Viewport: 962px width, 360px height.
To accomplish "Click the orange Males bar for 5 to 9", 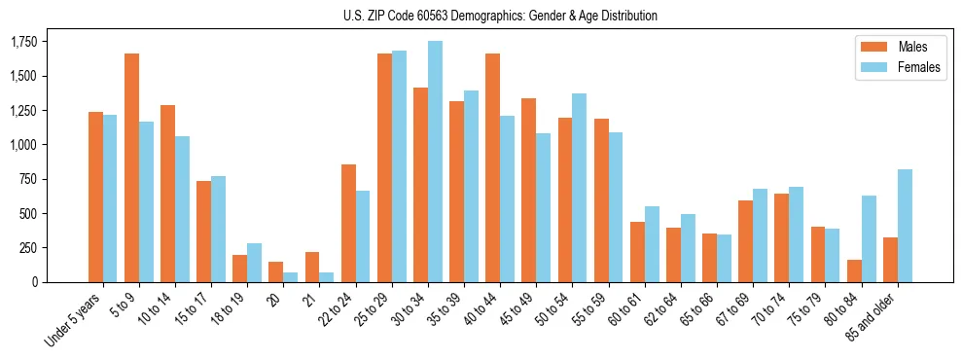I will point(131,167).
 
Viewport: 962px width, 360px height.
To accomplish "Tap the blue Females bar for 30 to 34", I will point(435,162).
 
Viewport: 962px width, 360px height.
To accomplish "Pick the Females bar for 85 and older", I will point(905,226).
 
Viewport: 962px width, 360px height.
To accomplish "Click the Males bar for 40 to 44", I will point(492,167).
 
